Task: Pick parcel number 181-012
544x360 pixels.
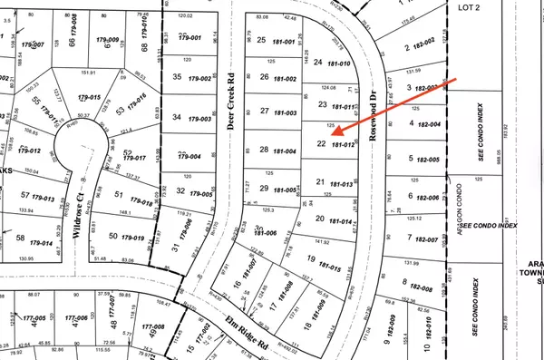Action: coord(342,144)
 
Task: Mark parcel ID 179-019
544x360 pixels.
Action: coord(133,237)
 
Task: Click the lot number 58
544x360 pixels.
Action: coord(21,238)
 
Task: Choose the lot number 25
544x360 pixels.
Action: coord(262,40)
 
